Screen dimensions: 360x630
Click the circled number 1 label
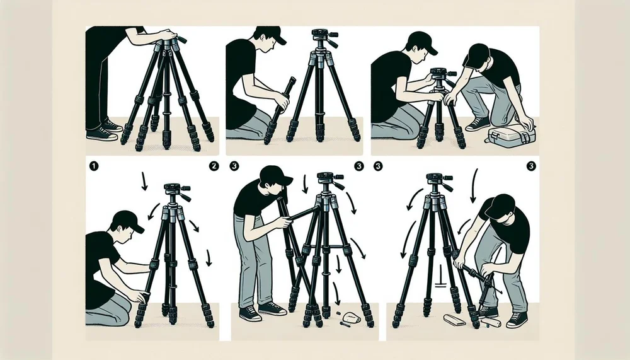[x=92, y=166]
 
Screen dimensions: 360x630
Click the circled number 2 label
[x=214, y=166]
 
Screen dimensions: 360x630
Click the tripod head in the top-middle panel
[x=319, y=39]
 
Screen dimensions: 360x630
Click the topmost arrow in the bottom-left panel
[x=144, y=182]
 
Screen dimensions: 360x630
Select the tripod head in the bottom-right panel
[x=437, y=181]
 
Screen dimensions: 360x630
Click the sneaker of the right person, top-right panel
[x=477, y=124]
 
